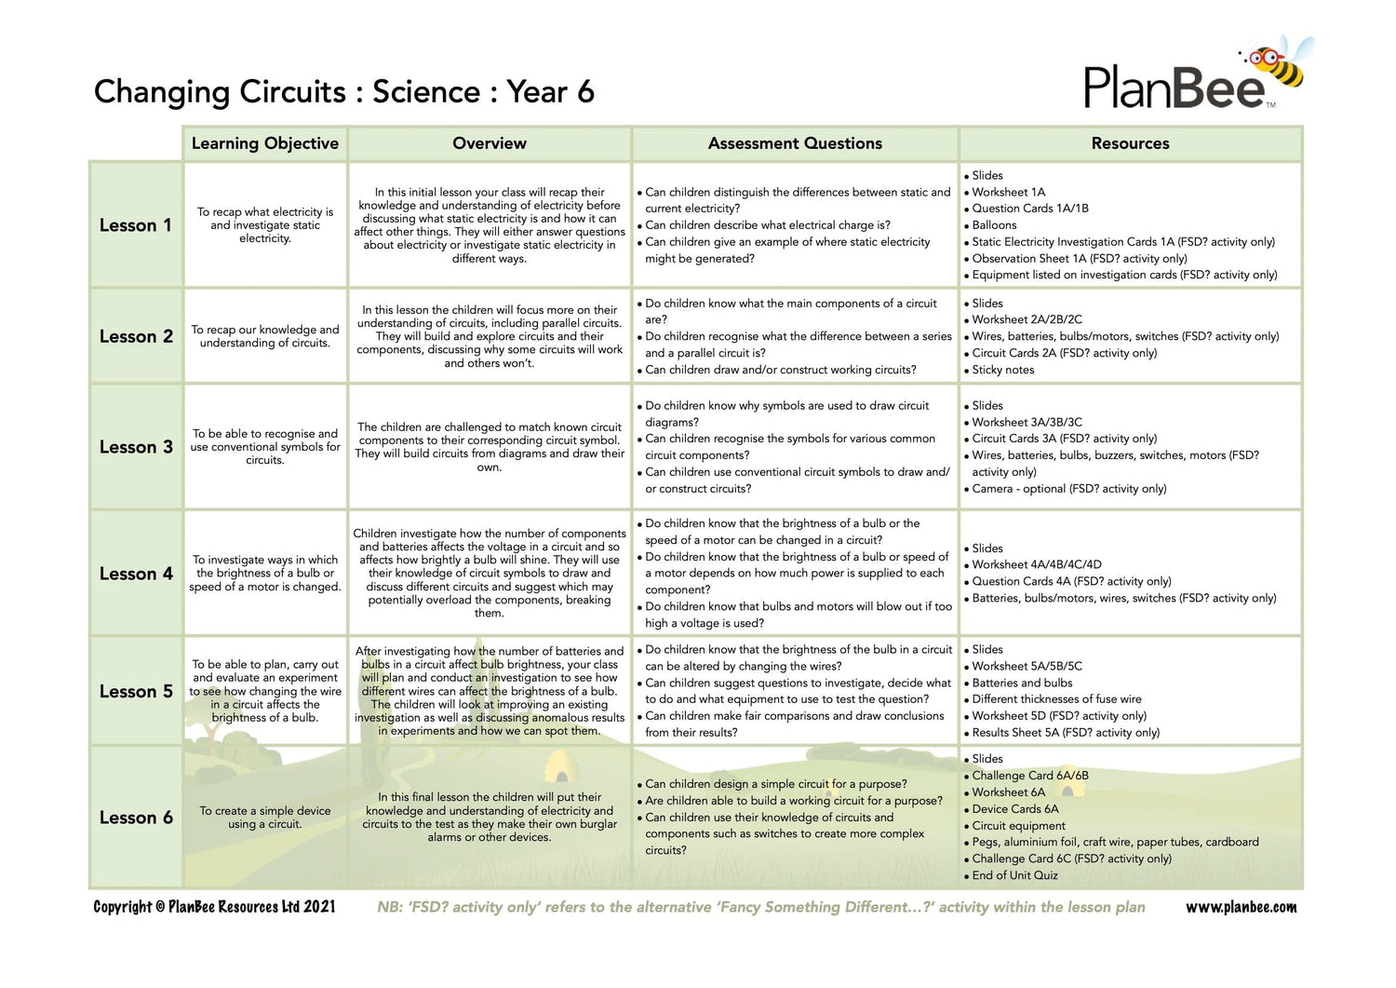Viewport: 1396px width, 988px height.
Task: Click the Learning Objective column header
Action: (265, 143)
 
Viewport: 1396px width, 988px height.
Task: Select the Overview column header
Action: (490, 143)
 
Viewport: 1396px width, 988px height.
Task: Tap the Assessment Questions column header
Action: (795, 143)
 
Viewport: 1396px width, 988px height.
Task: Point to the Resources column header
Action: (1130, 143)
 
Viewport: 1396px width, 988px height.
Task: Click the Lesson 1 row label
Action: (136, 225)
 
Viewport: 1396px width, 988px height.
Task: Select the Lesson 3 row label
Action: (136, 447)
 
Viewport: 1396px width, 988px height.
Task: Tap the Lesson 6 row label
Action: (136, 818)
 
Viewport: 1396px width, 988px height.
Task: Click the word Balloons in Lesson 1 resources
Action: (994, 225)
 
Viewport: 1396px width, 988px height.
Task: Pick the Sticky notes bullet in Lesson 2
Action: (1002, 370)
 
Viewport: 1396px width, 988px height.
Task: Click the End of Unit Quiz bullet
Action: (1014, 875)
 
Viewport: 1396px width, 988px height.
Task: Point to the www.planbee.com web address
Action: (1241, 907)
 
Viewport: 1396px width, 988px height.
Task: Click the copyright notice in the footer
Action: (214, 907)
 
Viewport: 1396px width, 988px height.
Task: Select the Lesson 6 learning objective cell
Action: (265, 818)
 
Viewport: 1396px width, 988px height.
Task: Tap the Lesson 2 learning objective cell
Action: (265, 336)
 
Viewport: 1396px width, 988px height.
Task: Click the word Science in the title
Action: (426, 92)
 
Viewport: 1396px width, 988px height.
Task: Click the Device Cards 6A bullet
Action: (1014, 809)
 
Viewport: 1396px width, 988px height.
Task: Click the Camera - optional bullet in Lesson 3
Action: (1068, 489)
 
